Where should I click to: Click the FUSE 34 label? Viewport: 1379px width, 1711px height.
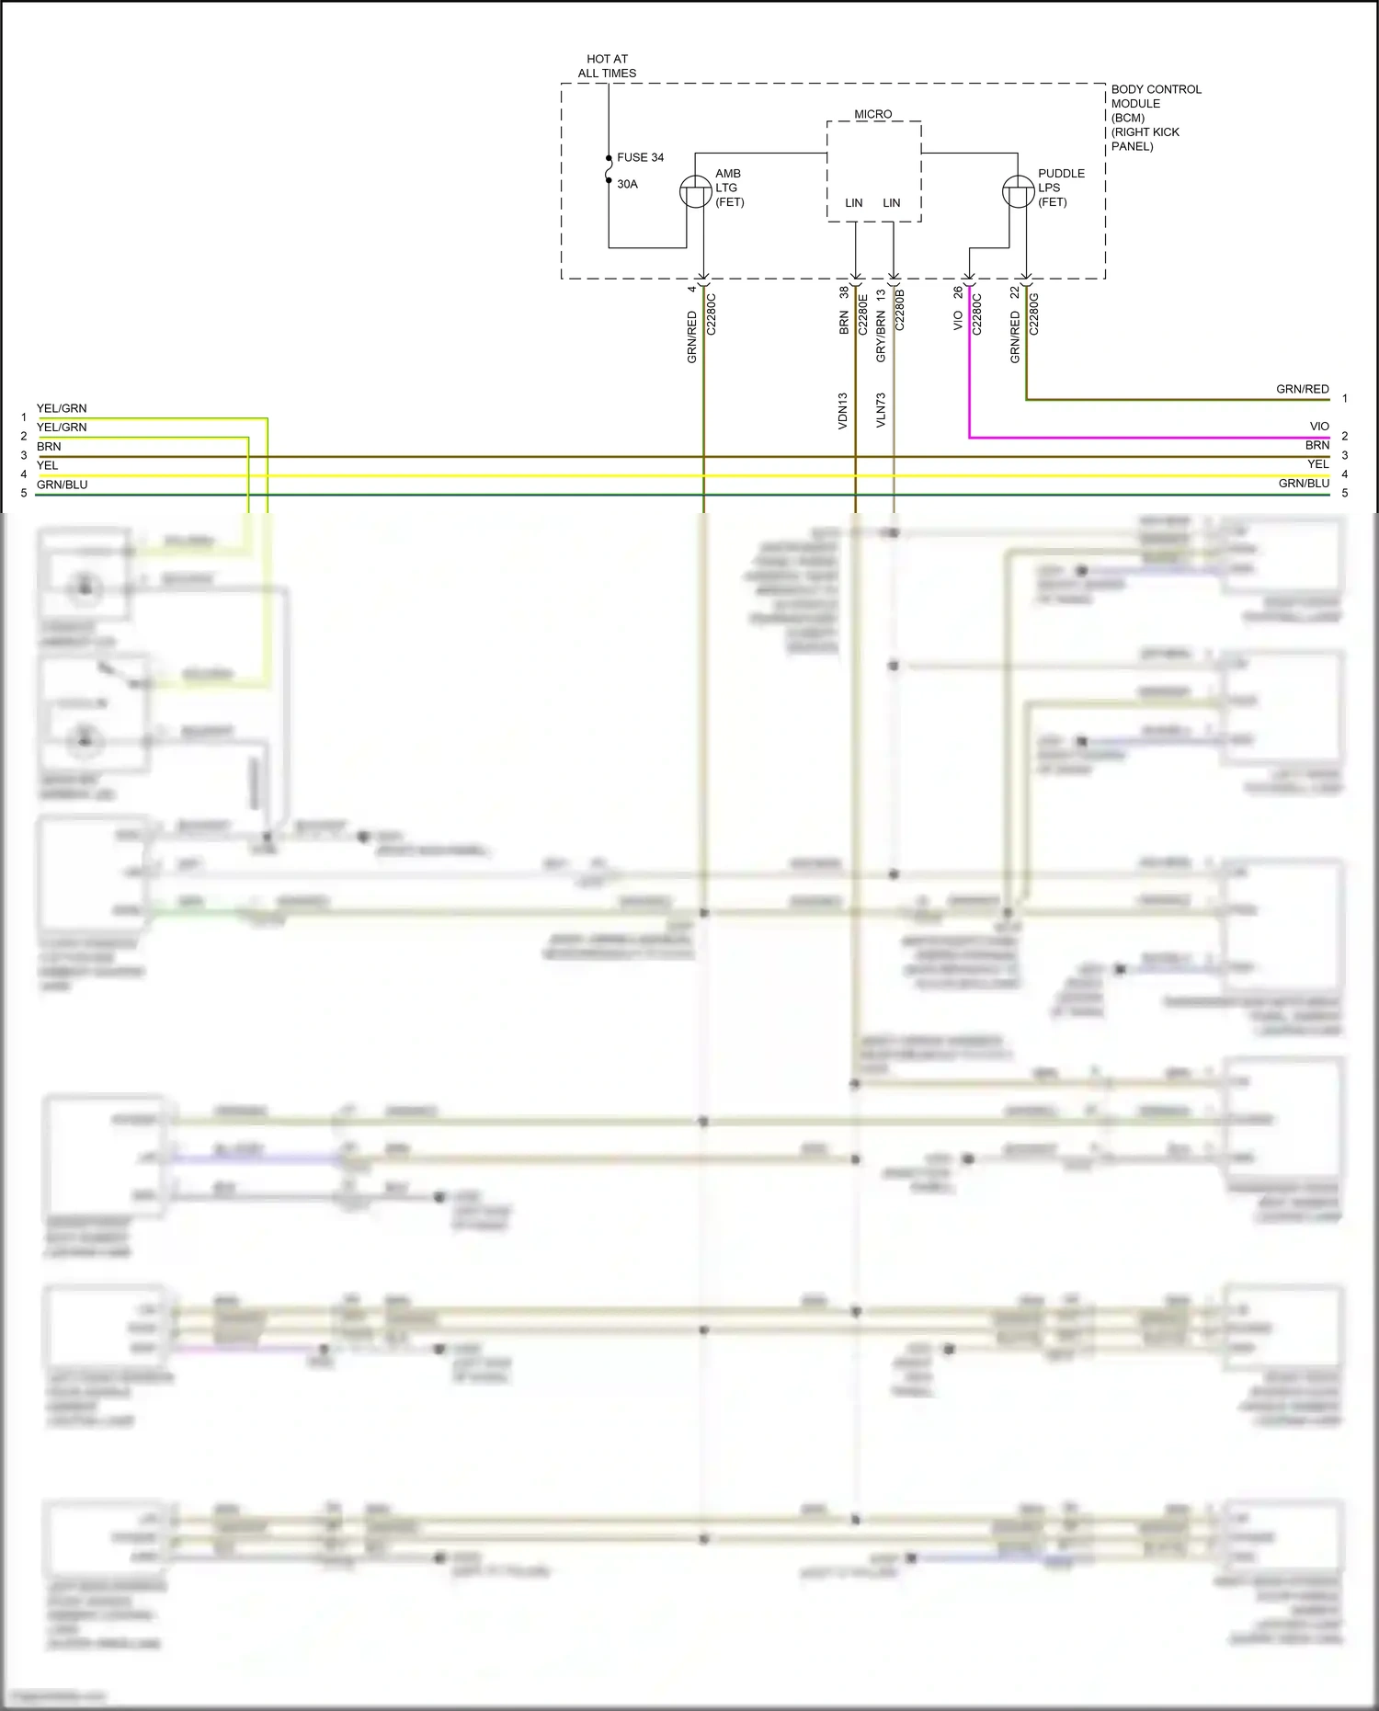pos(640,157)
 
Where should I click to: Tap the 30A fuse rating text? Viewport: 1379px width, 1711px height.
pos(627,184)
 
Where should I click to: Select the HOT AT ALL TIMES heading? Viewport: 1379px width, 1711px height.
pos(607,66)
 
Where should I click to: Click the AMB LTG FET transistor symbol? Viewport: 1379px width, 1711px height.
pos(695,191)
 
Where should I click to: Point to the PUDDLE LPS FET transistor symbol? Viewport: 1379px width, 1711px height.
pos(1018,191)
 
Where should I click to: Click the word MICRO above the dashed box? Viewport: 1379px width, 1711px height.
pos(872,114)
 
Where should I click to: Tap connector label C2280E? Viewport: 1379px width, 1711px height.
pos(862,314)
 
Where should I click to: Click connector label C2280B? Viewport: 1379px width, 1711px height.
pos(900,310)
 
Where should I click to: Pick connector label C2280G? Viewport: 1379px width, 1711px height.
pos(1034,314)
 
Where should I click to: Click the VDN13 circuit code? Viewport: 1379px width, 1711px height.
pos(843,411)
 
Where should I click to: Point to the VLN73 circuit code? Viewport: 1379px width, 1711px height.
pos(881,410)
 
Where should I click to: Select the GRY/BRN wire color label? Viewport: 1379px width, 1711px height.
pos(881,336)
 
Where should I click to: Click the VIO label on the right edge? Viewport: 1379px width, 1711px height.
pos(1319,427)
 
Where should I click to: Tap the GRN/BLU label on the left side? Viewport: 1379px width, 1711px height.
pos(62,485)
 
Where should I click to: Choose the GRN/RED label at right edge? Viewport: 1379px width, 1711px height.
pos(1302,389)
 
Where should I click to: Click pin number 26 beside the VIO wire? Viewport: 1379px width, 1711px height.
pos(958,291)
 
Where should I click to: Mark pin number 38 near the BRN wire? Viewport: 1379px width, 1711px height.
pos(844,292)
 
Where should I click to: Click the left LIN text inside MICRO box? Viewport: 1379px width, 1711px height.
pos(854,203)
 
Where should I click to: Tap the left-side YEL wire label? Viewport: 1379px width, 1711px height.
pos(47,465)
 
